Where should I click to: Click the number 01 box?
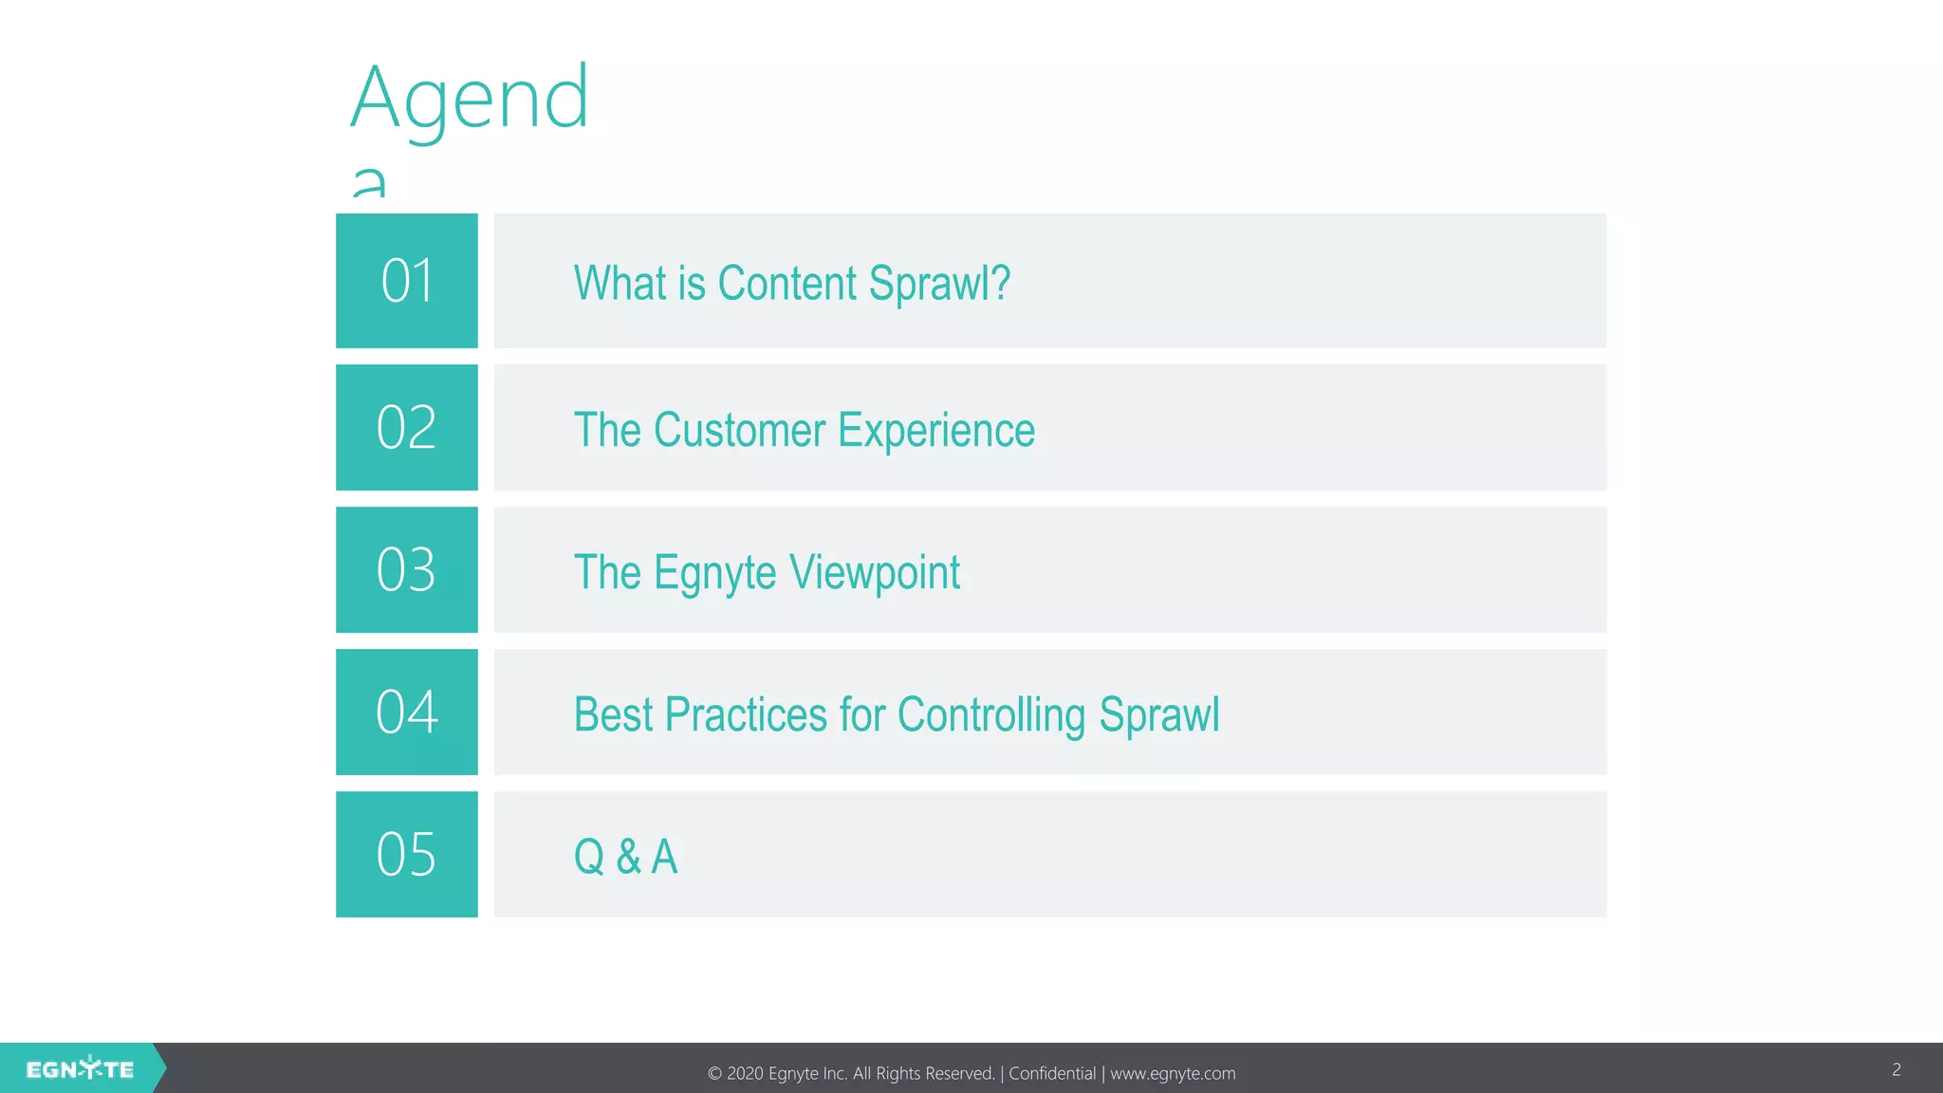[407, 281]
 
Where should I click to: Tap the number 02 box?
[407, 427]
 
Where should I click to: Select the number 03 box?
[407, 569]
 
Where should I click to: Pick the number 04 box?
[407, 712]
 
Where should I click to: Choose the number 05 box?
[407, 854]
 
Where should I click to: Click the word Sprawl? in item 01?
[939, 284]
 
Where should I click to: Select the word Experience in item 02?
[936, 430]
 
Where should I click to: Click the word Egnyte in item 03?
[715, 573]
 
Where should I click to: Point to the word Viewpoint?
[875, 572]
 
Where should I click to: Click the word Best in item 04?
[614, 714]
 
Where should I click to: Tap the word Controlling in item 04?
[991, 714]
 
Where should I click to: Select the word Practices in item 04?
[747, 714]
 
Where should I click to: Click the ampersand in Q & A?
[628, 857]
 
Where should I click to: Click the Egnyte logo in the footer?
[81, 1069]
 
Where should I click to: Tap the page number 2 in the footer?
[1897, 1069]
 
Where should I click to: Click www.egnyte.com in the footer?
[1173, 1073]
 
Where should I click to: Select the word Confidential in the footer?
[1052, 1073]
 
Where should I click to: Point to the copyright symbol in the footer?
[714, 1074]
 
